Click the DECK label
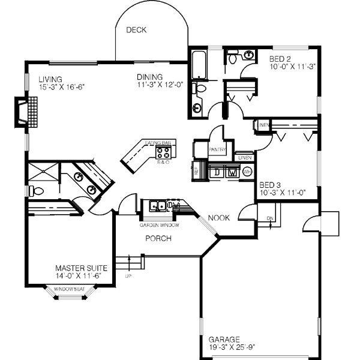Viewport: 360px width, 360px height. (136, 30)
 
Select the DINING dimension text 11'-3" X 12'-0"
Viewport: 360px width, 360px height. (159, 85)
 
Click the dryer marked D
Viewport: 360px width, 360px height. (217, 172)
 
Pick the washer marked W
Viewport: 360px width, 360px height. (232, 172)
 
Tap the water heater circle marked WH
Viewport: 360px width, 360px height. (247, 172)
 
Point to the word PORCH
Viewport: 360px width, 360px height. (158, 238)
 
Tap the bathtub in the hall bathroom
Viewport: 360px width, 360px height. (198, 66)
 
